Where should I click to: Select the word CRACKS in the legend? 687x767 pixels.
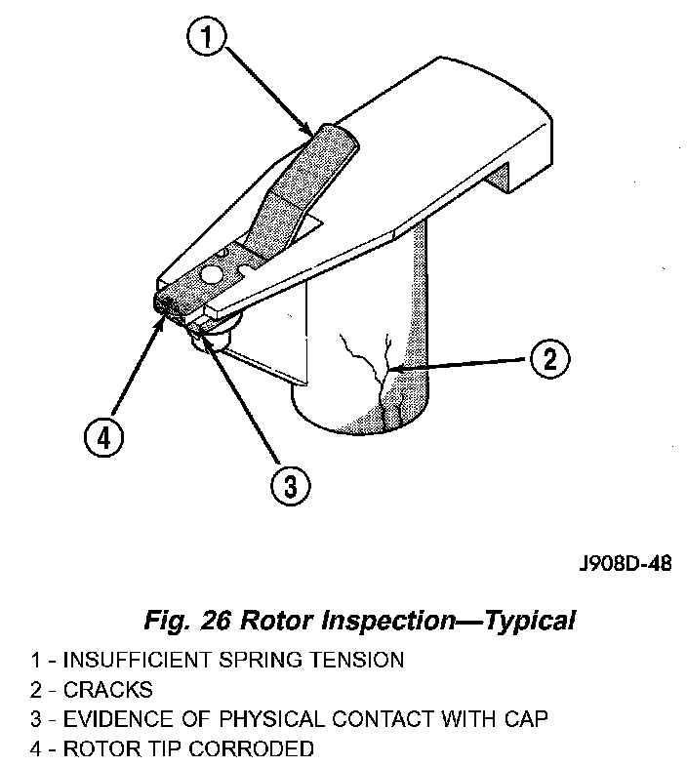pyautogui.click(x=108, y=690)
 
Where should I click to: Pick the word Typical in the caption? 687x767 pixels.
pyautogui.click(x=526, y=621)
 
